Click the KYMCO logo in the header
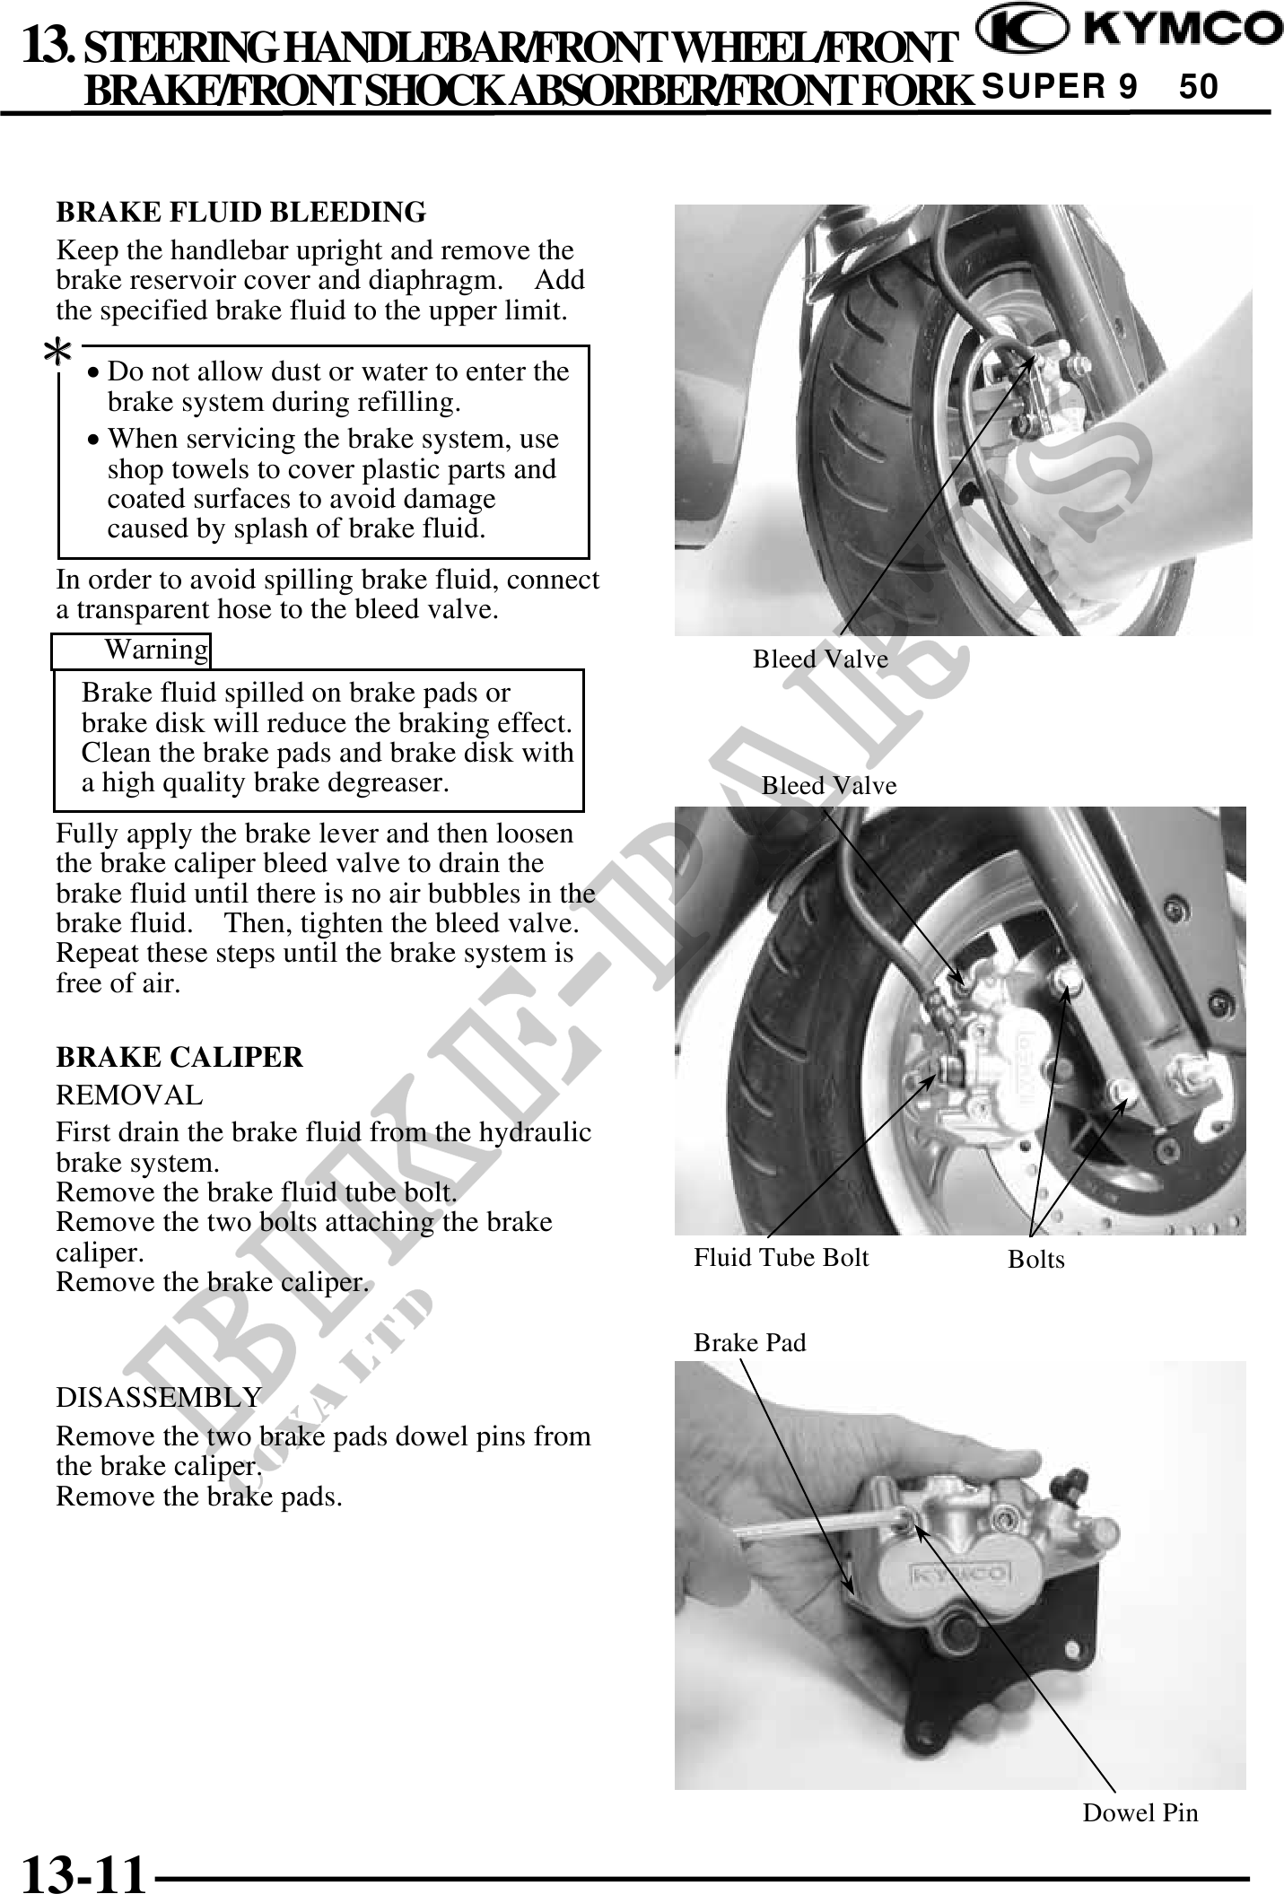pos(1129,34)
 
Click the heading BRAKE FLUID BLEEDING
pos(240,213)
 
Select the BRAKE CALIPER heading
pos(179,1058)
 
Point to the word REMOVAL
pos(129,1095)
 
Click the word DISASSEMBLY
pos(159,1398)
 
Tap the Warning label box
pos(131,650)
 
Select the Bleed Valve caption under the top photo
pos(820,660)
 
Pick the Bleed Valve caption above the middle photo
pos(829,786)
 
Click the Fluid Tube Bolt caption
pos(781,1258)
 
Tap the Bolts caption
pos(1036,1260)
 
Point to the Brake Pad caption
pos(750,1342)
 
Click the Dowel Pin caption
pos(1140,1813)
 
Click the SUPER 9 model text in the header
pos(1060,87)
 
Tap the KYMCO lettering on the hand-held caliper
pos(960,1574)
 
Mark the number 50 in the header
pos(1199,87)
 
